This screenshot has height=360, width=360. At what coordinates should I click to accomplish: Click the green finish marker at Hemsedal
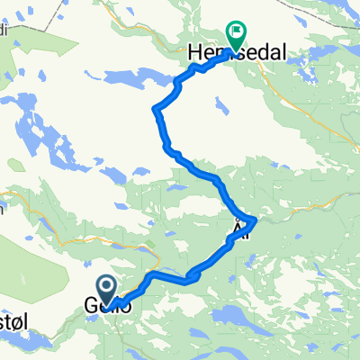pos(236,35)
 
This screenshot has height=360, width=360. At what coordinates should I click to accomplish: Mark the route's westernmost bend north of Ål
pos(157,112)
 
